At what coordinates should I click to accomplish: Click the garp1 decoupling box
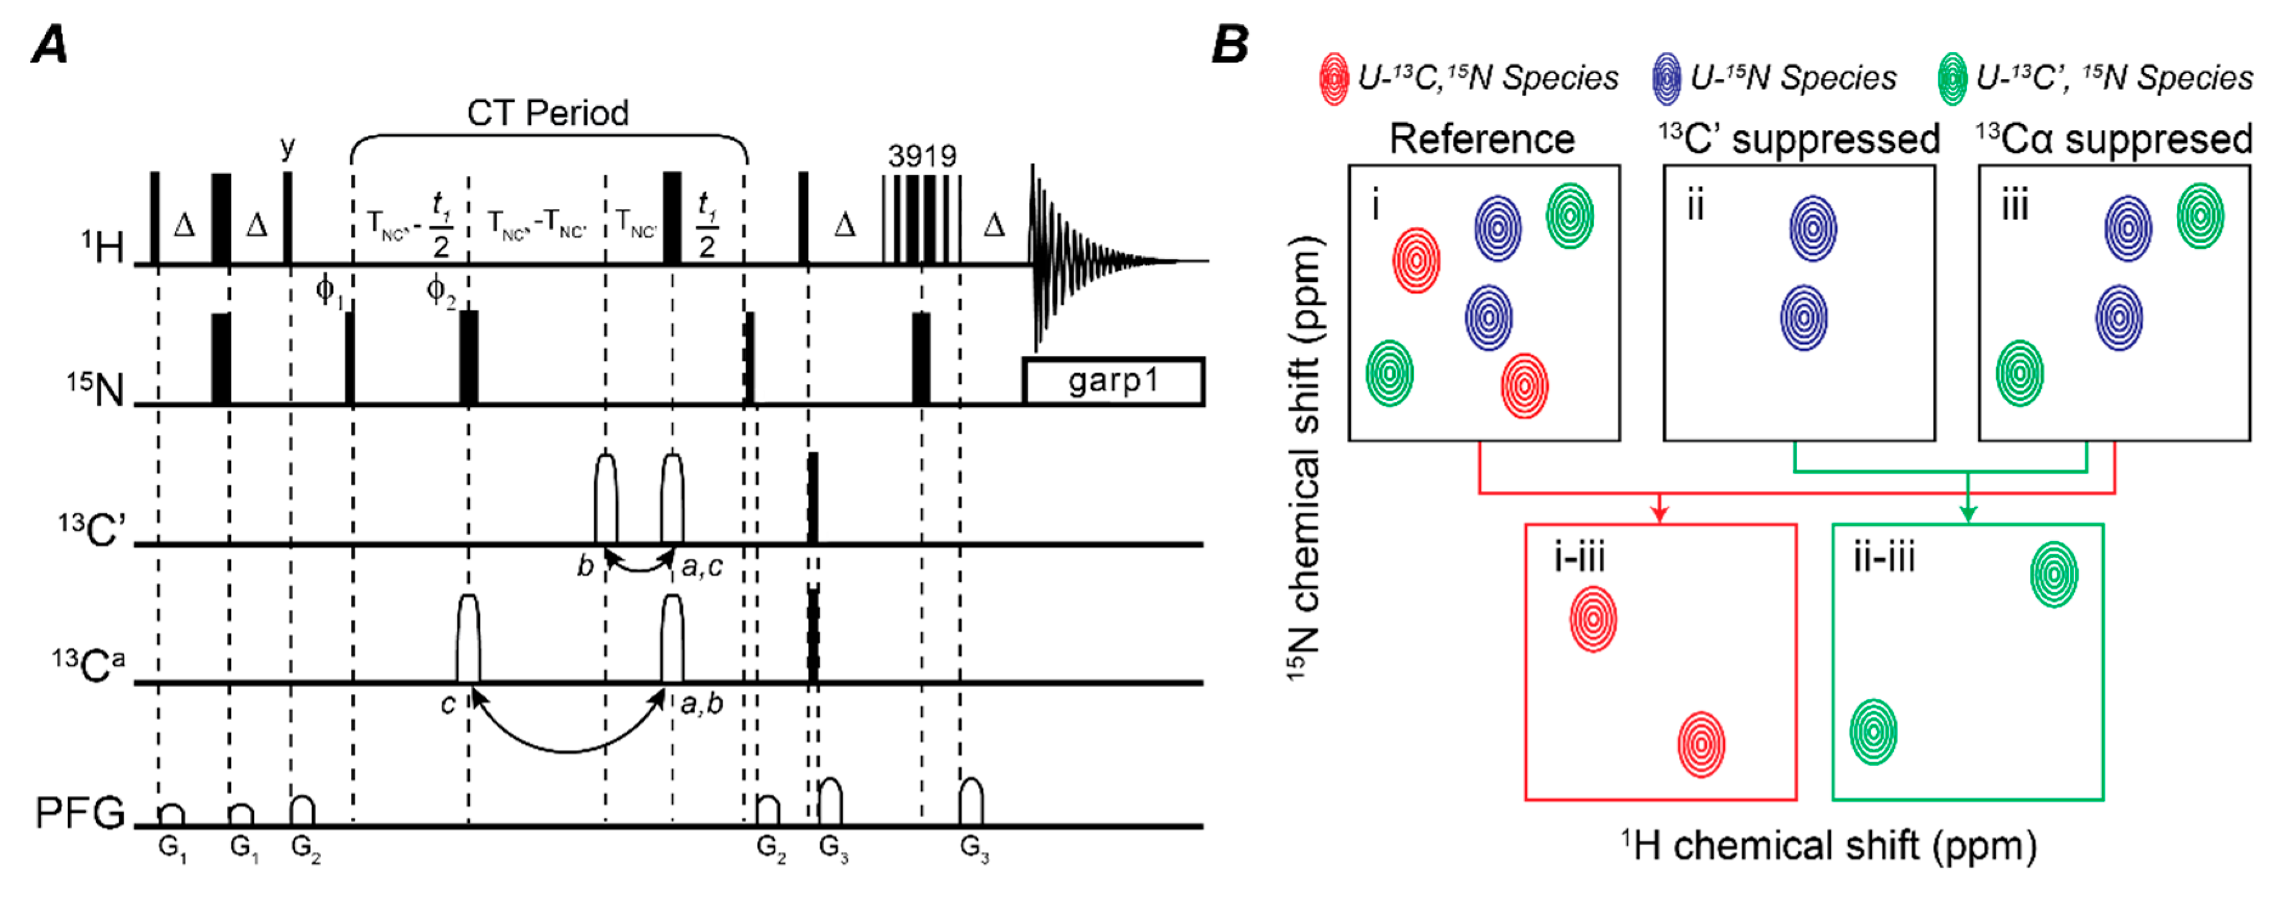coord(1113,382)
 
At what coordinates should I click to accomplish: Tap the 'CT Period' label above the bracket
coord(547,113)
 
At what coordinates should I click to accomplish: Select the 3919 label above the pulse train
coord(921,157)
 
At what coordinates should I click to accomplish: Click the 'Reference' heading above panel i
coord(1482,140)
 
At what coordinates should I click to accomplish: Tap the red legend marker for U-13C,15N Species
coord(1333,79)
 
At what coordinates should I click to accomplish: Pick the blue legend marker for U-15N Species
coord(1666,79)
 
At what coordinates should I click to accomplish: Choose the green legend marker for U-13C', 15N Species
coord(1952,79)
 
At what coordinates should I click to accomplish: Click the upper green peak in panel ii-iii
coord(2054,575)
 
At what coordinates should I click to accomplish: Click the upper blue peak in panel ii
coord(1813,228)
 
